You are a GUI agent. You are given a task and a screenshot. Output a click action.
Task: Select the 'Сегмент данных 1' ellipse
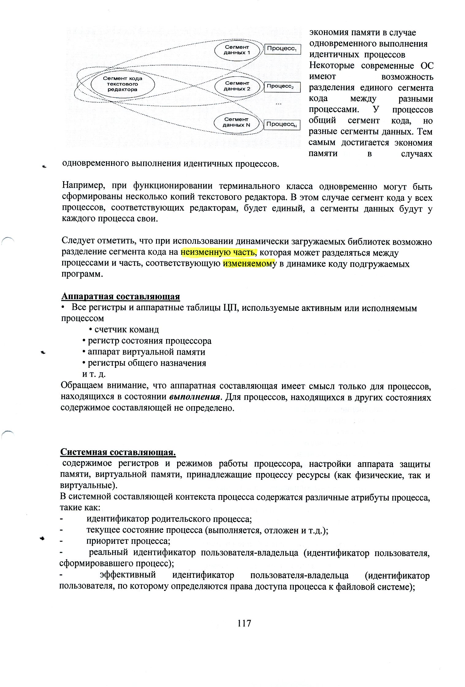(237, 50)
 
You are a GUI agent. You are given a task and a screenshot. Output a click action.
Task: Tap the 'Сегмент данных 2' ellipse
(237, 86)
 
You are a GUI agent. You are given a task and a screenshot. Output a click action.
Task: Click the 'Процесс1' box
(282, 49)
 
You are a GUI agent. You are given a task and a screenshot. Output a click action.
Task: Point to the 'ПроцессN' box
(281, 124)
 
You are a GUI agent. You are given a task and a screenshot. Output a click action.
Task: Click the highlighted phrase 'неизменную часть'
(219, 253)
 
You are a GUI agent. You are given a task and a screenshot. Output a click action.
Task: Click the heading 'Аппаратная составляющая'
(120, 296)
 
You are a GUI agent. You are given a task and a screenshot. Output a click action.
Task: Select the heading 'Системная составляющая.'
(118, 452)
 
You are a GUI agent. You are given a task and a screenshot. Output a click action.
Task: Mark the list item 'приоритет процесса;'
(128, 541)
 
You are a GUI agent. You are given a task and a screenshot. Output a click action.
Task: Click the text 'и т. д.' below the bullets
(94, 374)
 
